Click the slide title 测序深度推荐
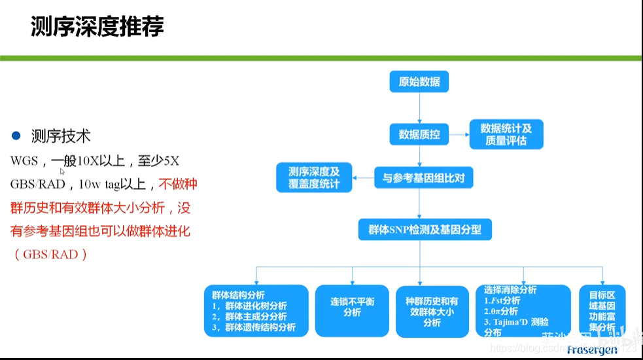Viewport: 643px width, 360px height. click(x=97, y=27)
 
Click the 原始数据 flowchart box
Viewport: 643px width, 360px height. click(x=419, y=82)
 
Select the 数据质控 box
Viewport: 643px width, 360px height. click(x=419, y=135)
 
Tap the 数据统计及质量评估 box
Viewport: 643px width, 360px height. click(x=506, y=135)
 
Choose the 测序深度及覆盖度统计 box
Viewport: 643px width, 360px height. click(x=314, y=177)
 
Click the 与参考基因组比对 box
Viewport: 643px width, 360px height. click(x=423, y=177)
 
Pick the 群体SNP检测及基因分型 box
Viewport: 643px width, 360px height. click(x=425, y=230)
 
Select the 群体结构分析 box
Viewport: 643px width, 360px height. click(x=256, y=310)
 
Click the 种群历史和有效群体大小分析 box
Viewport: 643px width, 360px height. click(x=432, y=312)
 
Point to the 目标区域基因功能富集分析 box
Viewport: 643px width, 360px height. click(x=602, y=311)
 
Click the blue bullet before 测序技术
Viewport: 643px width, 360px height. click(x=16, y=136)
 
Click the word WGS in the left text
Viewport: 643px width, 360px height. click(x=25, y=161)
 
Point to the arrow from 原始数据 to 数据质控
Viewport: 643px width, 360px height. click(x=419, y=108)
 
